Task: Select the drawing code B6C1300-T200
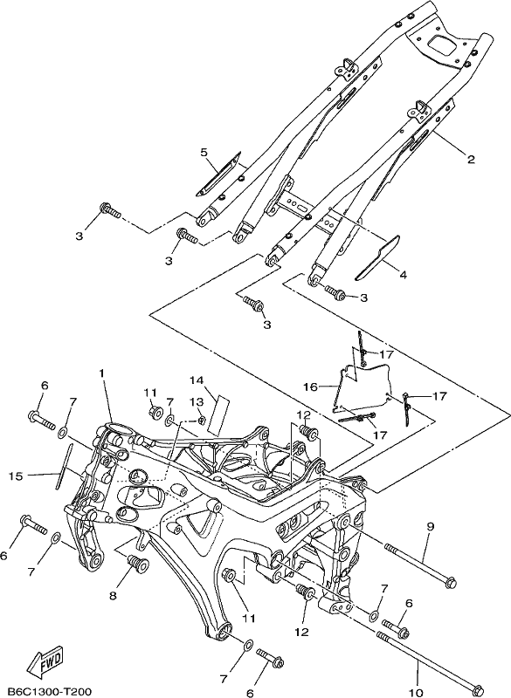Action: click(x=46, y=692)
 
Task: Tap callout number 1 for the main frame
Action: click(x=102, y=373)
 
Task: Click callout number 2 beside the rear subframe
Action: click(x=471, y=159)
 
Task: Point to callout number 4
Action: click(x=403, y=275)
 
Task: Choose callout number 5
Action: click(x=204, y=153)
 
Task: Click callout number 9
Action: click(x=430, y=527)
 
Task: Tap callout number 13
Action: click(x=197, y=402)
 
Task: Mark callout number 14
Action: click(x=196, y=380)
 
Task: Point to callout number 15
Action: click(x=15, y=476)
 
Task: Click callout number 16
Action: click(x=312, y=387)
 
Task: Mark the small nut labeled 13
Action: click(x=202, y=419)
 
